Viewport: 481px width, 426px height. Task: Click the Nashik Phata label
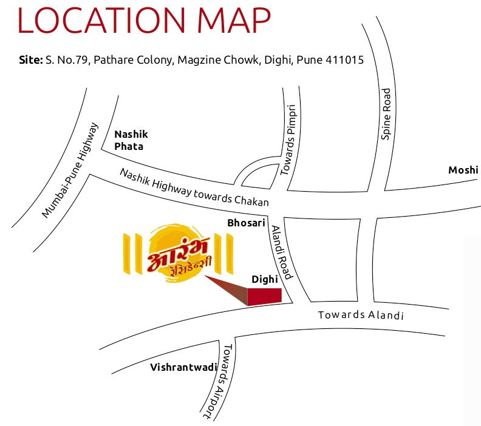point(131,140)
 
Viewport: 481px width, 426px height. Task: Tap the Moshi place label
point(463,170)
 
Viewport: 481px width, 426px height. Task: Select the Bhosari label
point(247,223)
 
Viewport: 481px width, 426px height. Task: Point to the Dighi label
point(264,279)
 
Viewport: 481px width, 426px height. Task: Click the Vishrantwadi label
point(176,367)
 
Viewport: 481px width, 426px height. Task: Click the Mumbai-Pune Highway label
point(70,170)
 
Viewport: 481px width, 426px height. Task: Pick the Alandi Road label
point(282,252)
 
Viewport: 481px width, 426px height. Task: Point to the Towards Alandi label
point(361,315)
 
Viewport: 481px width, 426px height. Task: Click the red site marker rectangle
point(265,296)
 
